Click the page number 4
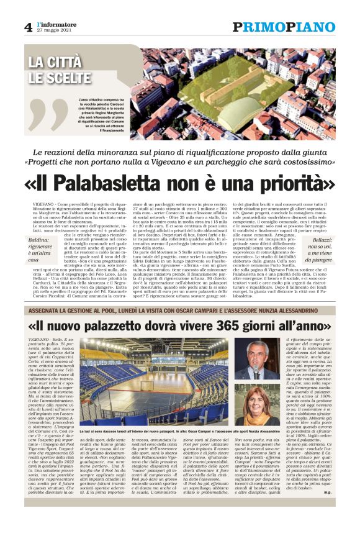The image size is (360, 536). [x=28, y=27]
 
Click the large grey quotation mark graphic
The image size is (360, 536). [x=50, y=112]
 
